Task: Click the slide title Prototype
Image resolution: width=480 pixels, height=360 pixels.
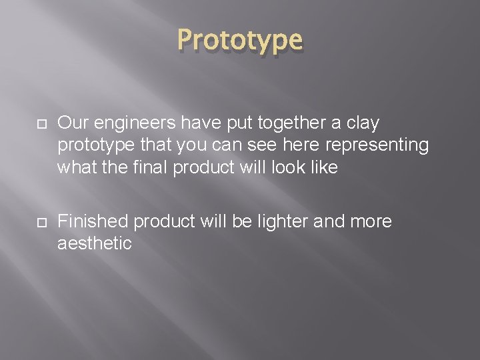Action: (x=240, y=40)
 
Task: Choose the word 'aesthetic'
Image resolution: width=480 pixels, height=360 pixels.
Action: (x=95, y=244)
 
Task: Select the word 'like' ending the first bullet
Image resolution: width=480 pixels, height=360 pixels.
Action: (x=325, y=168)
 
